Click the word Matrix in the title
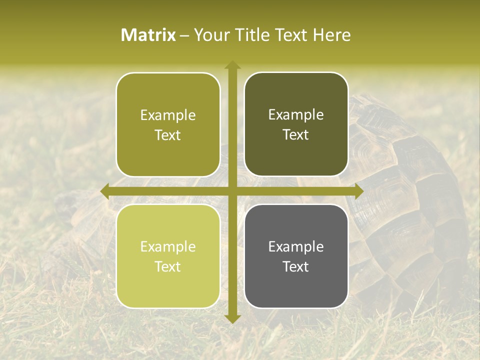click(148, 35)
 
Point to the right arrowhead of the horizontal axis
click(359, 191)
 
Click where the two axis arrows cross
click(232, 191)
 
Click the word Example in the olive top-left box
click(168, 115)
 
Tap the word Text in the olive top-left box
click(168, 135)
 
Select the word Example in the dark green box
click(296, 115)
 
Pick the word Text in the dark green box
click(296, 134)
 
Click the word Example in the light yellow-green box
click(168, 247)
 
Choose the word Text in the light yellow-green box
click(168, 266)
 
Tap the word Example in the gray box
click(296, 246)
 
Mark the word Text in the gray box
click(296, 266)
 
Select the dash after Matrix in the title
click(184, 36)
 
